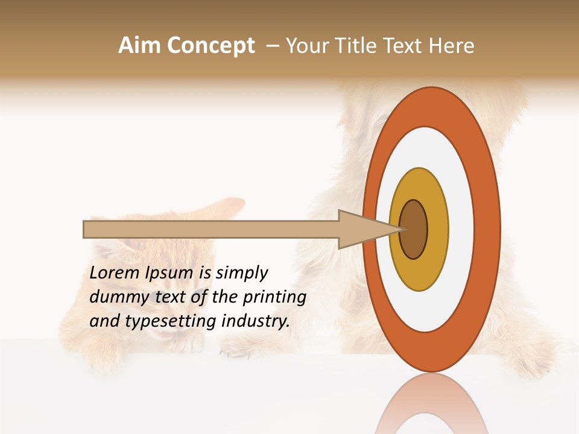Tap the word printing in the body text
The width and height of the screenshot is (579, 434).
pyautogui.click(x=274, y=298)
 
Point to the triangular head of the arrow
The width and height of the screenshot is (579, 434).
pyautogui.click(x=362, y=229)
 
